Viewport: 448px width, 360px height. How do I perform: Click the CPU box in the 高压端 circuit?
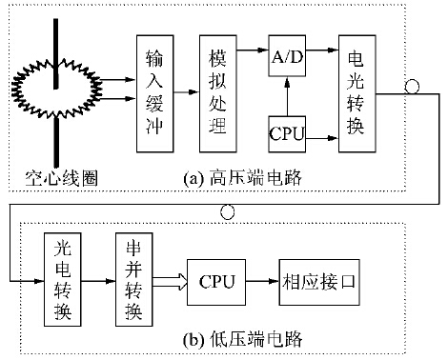point(287,133)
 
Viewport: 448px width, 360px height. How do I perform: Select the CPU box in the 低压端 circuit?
point(217,281)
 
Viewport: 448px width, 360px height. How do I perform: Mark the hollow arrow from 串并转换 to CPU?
point(168,281)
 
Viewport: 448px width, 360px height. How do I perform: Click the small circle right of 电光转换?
point(412,87)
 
